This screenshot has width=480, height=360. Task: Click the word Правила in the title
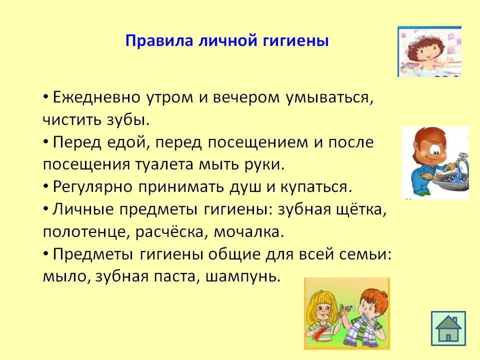tap(159, 41)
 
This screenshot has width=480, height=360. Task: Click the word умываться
tap(329, 98)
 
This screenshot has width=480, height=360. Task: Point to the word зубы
tap(128, 119)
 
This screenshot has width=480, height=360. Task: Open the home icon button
tap(448, 328)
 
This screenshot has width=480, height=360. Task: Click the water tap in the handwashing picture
tap(460, 159)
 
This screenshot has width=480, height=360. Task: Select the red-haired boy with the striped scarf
tap(364, 318)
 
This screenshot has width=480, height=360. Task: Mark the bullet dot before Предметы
tap(46, 254)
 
